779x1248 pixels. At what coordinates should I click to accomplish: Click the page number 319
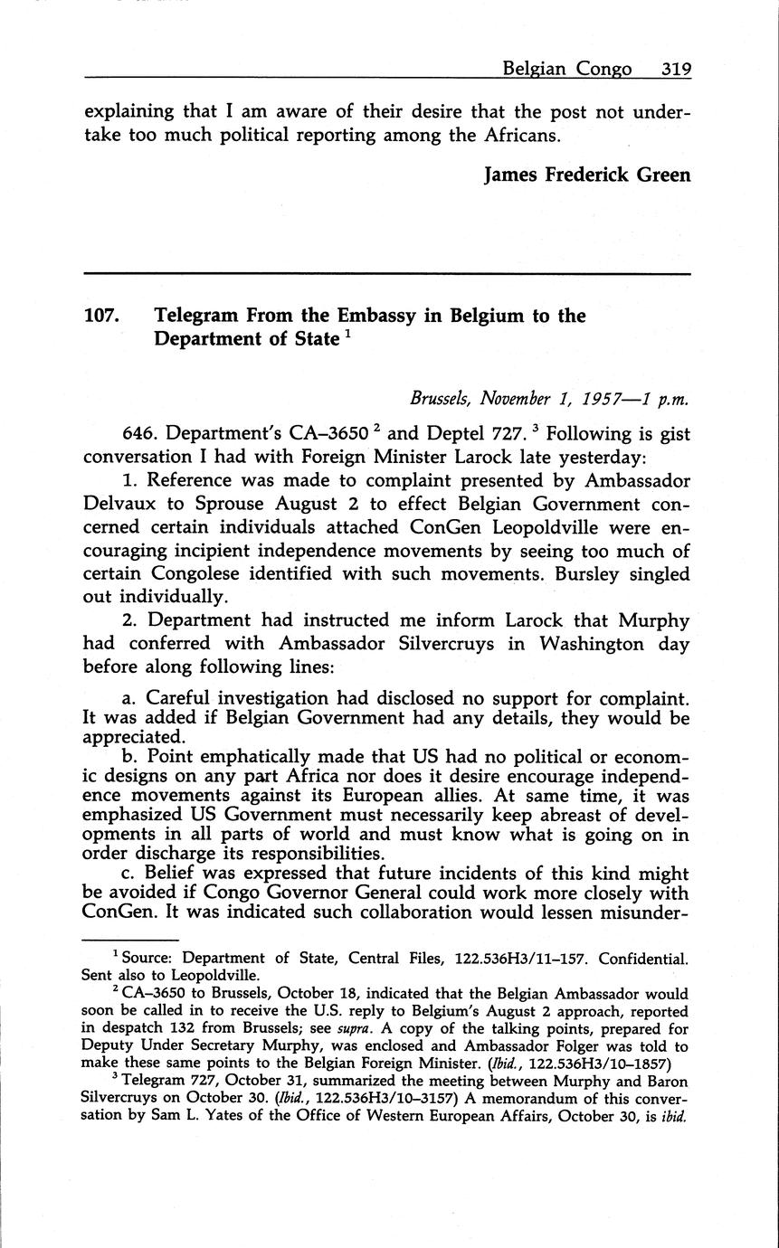tap(675, 69)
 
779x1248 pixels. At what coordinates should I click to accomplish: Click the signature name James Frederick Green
tap(587, 175)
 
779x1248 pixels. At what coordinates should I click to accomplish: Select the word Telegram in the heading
tap(196, 316)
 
